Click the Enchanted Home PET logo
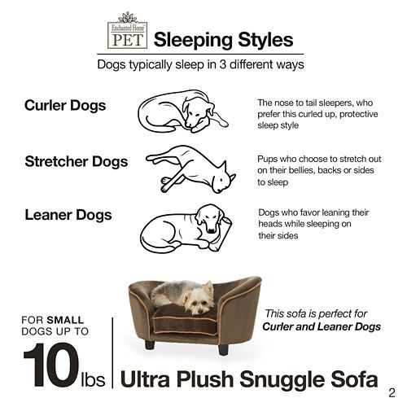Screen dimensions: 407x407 point(127,30)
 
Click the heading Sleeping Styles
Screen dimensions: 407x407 point(223,40)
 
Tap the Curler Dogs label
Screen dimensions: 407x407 point(65,105)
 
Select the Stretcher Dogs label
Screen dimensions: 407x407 point(77,161)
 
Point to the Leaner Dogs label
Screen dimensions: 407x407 point(68,215)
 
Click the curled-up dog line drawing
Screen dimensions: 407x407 point(183,112)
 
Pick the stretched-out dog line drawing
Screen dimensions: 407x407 point(190,169)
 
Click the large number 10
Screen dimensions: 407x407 point(52,365)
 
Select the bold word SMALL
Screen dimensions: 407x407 point(65,320)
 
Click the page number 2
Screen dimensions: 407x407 point(392,393)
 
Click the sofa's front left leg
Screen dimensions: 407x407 point(150,344)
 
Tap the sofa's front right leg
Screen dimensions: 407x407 point(223,348)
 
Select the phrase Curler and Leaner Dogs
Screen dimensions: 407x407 point(322,326)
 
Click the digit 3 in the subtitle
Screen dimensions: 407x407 point(223,64)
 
